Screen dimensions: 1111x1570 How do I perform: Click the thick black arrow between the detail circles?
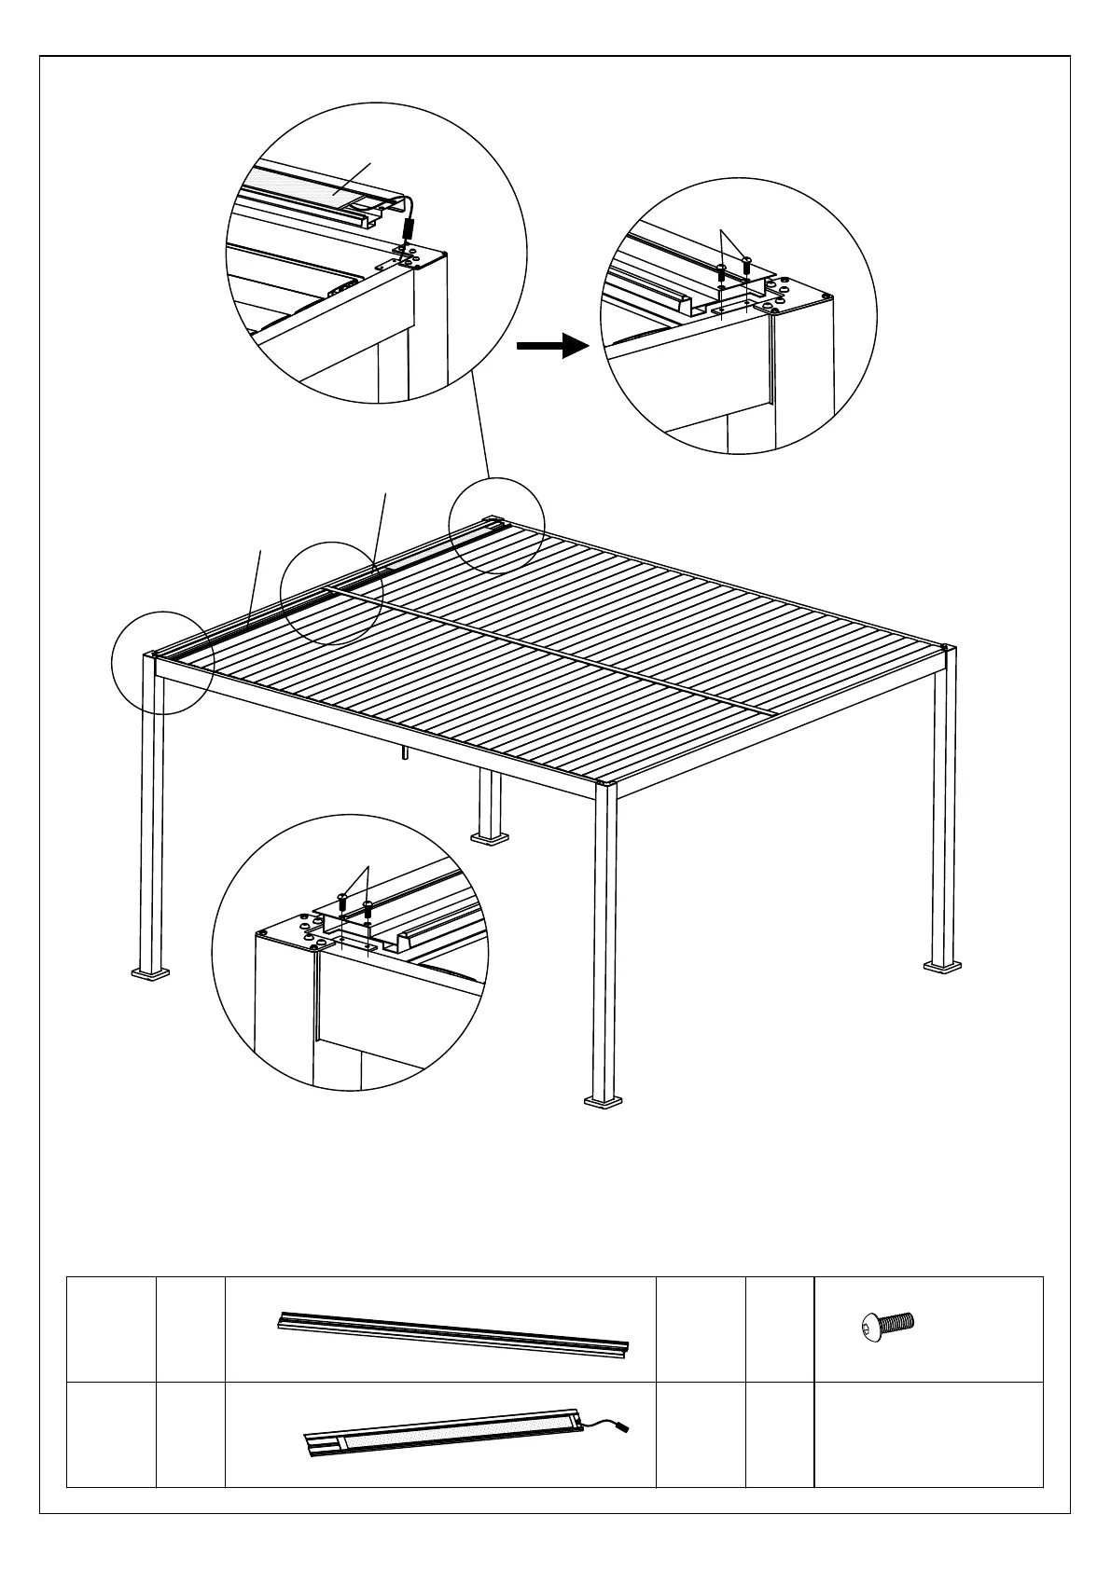click(553, 347)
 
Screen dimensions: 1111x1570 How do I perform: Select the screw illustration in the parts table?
click(887, 1324)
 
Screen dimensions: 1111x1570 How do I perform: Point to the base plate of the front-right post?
click(604, 1102)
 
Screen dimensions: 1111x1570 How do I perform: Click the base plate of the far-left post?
click(150, 974)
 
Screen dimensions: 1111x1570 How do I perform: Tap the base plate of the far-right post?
click(942, 966)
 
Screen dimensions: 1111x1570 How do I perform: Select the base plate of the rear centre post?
click(490, 838)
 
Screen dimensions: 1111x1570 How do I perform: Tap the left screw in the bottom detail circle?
click(342, 901)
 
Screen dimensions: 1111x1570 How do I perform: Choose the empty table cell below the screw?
click(928, 1434)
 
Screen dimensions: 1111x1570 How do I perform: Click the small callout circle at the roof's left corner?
click(162, 663)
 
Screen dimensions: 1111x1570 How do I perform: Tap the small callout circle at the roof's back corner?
click(496, 525)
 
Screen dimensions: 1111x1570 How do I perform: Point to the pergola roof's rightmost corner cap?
click(949, 649)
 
